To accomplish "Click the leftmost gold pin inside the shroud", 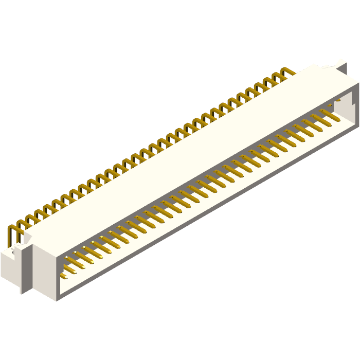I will [66, 277].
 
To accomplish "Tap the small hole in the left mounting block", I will [11, 252].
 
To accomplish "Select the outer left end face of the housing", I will [44, 270].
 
